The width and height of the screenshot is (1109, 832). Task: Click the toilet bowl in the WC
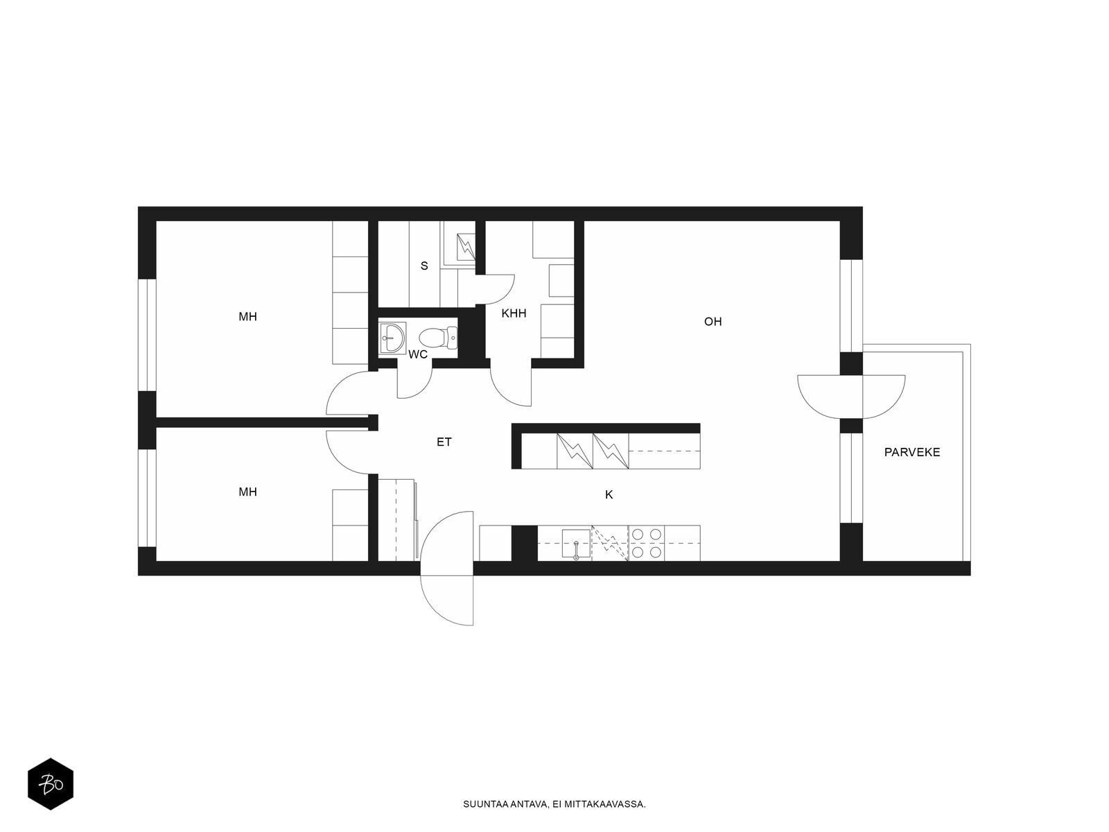[438, 338]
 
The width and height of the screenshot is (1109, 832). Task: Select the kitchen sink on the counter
[576, 544]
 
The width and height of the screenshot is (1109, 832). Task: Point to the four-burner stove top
[646, 543]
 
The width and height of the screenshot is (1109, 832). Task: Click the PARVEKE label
[912, 452]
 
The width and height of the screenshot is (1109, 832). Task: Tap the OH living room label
[713, 321]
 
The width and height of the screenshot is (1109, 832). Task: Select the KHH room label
[514, 313]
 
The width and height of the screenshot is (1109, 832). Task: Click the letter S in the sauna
[424, 266]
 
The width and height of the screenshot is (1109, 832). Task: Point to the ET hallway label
[444, 442]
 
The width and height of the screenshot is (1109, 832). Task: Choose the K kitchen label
[609, 495]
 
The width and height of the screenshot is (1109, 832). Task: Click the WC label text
[418, 354]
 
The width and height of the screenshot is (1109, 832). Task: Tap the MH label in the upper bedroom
[247, 317]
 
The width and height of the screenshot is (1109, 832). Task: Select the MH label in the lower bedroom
[247, 492]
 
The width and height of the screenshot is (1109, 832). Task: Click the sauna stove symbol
[466, 247]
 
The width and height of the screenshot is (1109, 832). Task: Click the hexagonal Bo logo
[51, 784]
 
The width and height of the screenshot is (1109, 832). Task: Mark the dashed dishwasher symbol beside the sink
[610, 544]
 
